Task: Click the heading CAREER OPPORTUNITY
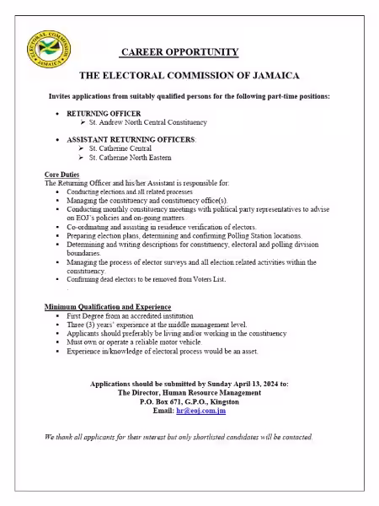coord(189,52)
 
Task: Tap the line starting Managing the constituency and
coord(135,201)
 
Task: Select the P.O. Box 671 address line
coord(189,401)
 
